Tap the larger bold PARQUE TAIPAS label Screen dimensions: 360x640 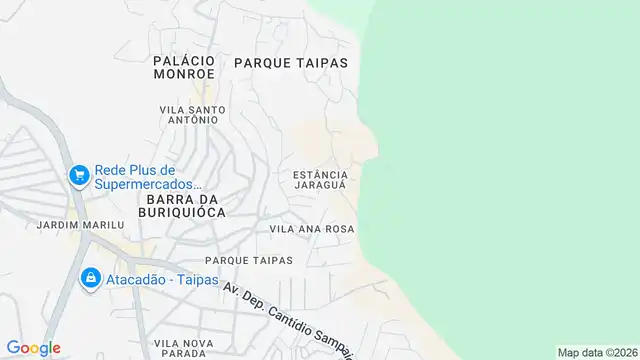[291, 62]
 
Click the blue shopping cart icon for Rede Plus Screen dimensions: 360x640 [77, 177]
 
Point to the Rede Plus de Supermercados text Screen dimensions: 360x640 [149, 177]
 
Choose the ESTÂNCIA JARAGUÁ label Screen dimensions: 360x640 [319, 180]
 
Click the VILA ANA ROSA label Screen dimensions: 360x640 [312, 229]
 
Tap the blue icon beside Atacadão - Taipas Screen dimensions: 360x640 [89, 277]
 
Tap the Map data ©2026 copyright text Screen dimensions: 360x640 [597, 352]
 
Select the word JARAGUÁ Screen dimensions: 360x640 [319, 186]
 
